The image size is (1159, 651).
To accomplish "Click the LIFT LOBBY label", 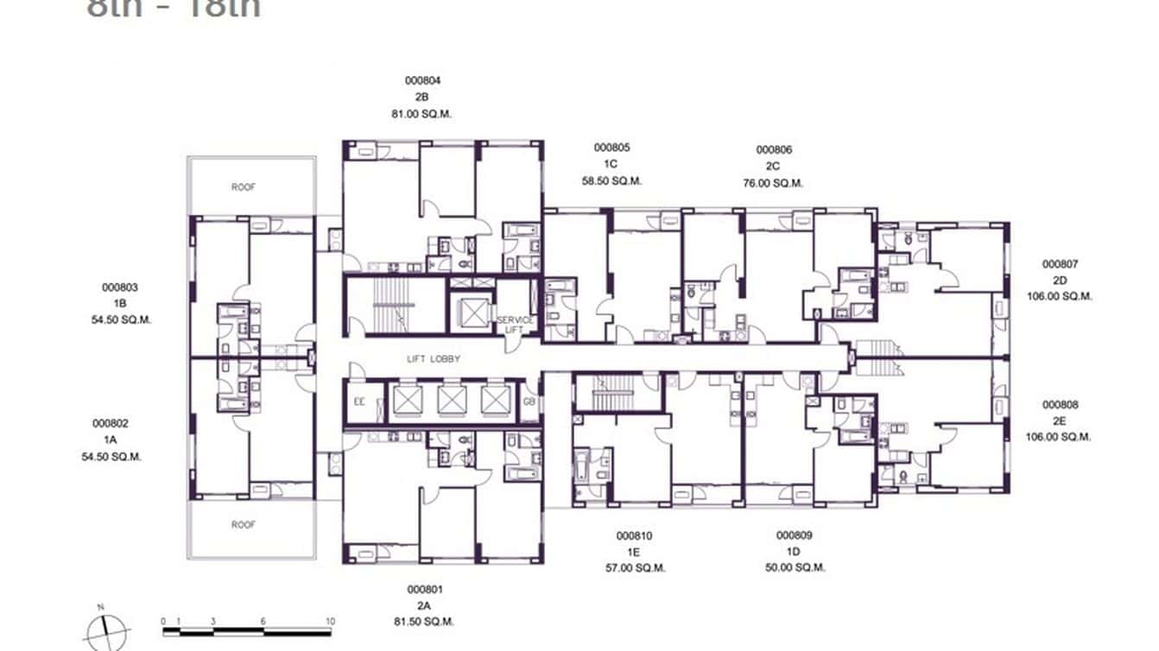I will [x=434, y=358].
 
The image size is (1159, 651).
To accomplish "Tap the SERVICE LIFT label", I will [x=515, y=325].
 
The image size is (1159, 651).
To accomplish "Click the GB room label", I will [x=529, y=401].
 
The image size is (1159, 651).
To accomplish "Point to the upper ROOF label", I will [x=244, y=186].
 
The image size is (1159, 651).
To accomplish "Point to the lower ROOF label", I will [x=244, y=524].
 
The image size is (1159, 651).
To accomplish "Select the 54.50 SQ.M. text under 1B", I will [x=122, y=319].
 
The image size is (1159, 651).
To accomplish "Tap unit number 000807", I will [x=1061, y=264].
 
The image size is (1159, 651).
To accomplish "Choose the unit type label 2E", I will [x=1060, y=420].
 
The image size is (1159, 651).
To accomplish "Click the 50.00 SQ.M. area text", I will [x=794, y=568].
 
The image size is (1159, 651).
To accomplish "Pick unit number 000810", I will [x=634, y=536].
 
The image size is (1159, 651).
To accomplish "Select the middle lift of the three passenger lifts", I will [x=450, y=401].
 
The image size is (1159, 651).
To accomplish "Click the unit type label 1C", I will [x=611, y=164].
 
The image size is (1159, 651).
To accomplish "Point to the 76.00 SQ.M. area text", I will [x=774, y=183].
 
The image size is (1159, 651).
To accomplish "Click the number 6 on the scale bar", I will [x=263, y=621].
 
